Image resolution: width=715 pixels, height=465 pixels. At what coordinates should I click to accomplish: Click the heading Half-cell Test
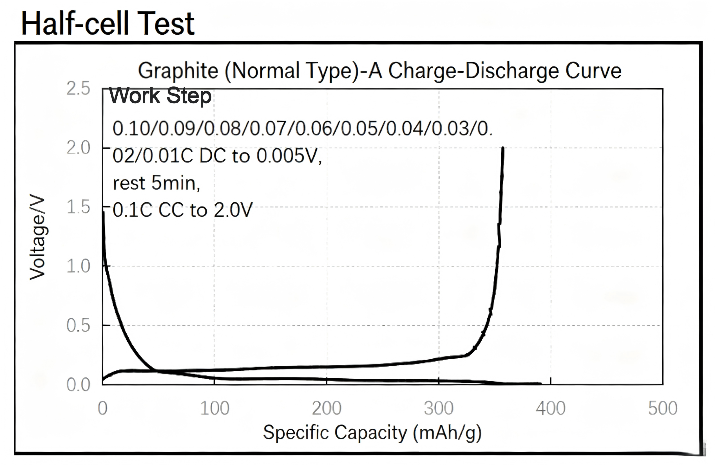[108, 23]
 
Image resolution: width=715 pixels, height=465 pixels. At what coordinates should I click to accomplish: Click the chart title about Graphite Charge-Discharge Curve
[380, 71]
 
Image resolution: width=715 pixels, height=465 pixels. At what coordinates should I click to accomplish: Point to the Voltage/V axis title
[37, 237]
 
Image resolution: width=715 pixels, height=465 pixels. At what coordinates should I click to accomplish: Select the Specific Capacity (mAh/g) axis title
[372, 433]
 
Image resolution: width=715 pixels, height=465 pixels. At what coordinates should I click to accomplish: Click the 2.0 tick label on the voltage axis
[78, 148]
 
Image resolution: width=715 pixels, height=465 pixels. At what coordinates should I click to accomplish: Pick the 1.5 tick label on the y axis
[78, 207]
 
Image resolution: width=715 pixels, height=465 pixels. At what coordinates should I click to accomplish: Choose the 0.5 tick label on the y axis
[78, 325]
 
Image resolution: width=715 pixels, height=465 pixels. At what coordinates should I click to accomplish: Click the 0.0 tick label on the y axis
[78, 384]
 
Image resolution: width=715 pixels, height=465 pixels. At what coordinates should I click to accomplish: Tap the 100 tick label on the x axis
[214, 408]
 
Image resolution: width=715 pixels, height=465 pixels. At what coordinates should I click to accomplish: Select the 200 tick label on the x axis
[327, 408]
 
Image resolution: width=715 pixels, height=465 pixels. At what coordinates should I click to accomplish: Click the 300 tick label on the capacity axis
[439, 408]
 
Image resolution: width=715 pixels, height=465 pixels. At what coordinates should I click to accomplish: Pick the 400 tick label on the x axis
[551, 408]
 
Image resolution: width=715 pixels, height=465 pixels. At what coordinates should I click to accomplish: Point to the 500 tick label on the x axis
[663, 408]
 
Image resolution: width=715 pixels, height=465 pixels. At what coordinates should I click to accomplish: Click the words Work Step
[160, 95]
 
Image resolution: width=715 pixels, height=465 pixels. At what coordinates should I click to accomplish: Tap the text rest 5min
[157, 183]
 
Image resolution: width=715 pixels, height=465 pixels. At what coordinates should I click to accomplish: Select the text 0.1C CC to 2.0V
[183, 210]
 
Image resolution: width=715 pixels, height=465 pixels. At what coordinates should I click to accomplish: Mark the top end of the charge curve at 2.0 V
[503, 148]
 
